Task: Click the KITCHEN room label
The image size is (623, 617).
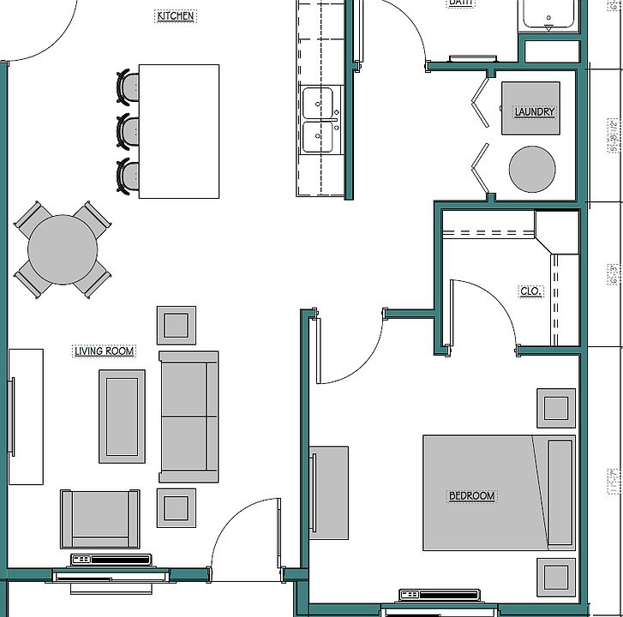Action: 176,15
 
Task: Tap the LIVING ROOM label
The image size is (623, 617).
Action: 105,350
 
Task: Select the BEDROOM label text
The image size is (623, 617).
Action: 472,495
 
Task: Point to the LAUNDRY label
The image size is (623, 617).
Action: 534,111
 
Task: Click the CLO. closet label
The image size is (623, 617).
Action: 530,291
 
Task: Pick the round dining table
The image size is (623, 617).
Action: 63,249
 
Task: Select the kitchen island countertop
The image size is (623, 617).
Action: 178,131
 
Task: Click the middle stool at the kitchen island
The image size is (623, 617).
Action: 129,131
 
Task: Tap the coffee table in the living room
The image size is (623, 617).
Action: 122,416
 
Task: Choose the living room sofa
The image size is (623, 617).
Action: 189,416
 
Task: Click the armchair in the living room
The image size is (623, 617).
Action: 100,518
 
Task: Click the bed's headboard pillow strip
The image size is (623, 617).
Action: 560,492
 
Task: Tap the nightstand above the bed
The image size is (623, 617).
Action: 556,408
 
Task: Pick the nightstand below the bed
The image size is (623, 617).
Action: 556,577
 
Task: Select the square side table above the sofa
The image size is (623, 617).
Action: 177,326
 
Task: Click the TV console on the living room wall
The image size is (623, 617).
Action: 27,416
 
